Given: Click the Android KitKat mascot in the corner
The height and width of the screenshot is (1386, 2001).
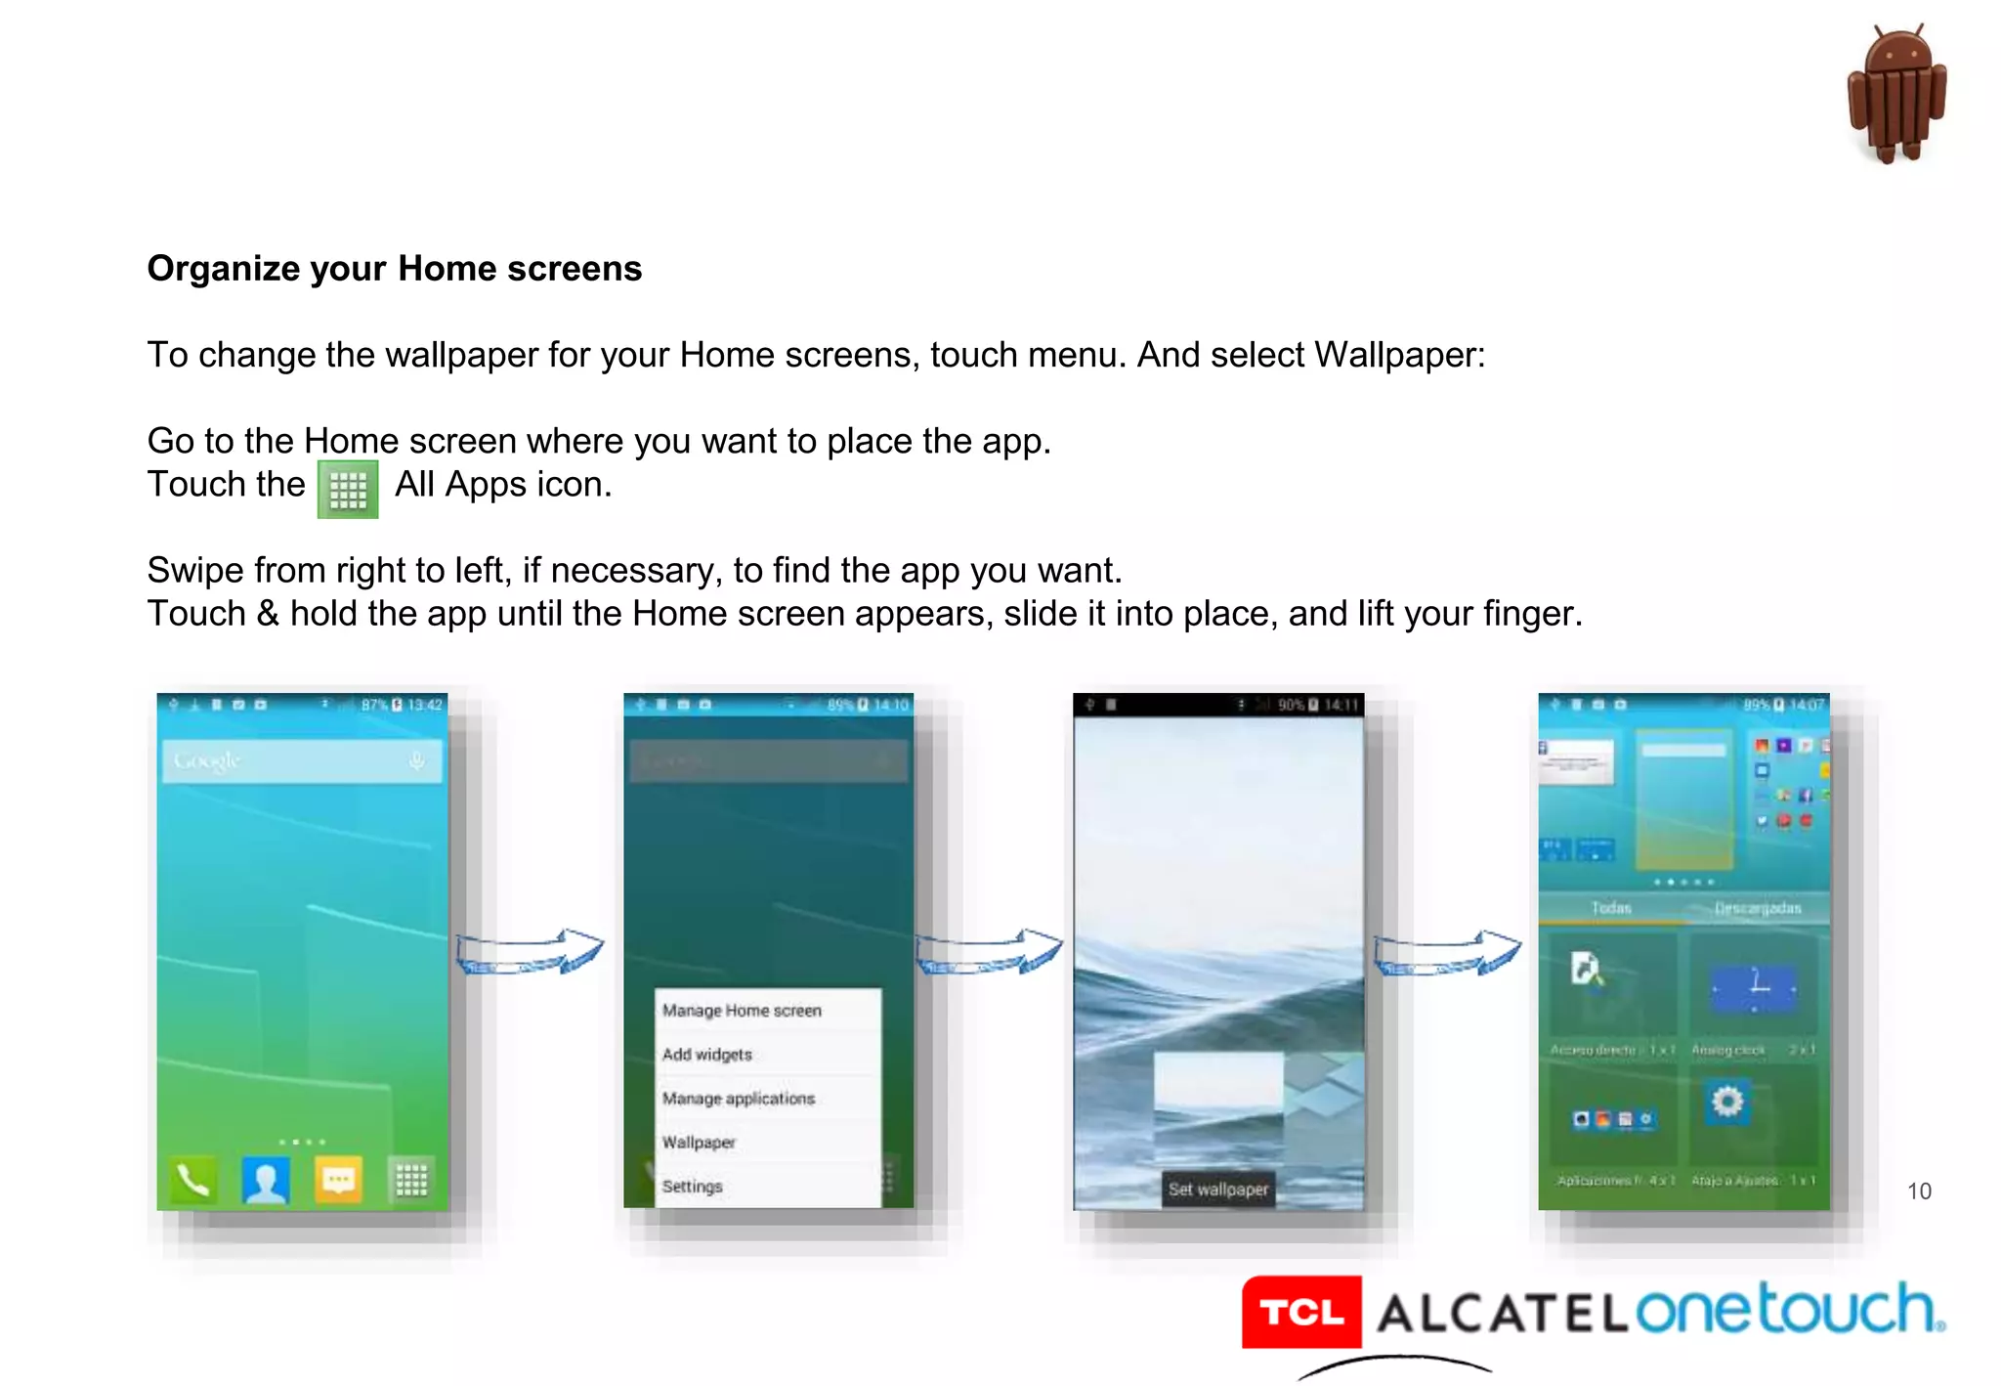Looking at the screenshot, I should pos(1896,95).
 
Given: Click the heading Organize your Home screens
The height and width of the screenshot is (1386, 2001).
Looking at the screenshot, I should pos(395,269).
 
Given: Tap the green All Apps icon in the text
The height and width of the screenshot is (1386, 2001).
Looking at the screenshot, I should pos(348,489).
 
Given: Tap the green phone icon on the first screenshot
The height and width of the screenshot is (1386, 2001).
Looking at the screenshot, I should pos(192,1180).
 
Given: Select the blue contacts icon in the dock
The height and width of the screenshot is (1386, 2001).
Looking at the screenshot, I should pos(265,1180).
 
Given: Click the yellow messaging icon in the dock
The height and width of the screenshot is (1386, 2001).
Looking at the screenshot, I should pos(338,1180).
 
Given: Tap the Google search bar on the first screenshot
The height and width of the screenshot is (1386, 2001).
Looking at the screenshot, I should pos(302,760).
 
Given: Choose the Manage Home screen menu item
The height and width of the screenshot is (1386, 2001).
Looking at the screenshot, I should pos(742,1011).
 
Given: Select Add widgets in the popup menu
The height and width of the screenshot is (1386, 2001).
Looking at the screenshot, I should pos(707,1055).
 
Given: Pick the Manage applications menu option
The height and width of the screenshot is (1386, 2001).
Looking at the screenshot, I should pos(739,1099).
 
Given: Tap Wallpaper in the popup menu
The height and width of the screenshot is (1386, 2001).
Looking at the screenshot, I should pos(699,1143).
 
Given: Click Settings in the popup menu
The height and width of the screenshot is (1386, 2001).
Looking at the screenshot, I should pos(693,1187).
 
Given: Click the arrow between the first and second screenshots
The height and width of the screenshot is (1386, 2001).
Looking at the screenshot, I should pos(531,952).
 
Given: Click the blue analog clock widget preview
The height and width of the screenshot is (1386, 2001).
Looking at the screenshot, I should pos(1754,988).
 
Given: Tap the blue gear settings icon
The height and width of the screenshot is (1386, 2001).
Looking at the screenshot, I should pos(1727,1103).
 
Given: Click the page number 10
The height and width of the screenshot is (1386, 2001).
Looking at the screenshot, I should pos(1919,1191).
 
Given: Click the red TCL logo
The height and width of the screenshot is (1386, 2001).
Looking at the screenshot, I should pos(1301,1312).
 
